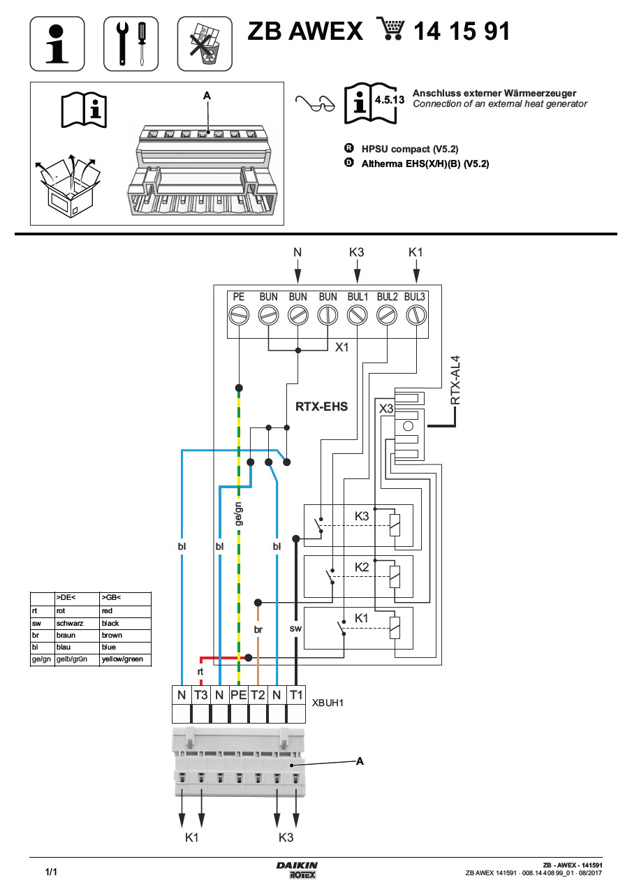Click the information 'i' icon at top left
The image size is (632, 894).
coord(57,43)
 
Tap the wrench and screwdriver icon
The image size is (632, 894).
coord(131,43)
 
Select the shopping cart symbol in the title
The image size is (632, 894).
coord(390,30)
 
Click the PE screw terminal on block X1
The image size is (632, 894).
coord(239,314)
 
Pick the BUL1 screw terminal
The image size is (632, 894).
coord(357,314)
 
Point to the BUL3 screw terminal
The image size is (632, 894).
coord(416,314)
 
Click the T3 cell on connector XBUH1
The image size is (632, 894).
coord(201,695)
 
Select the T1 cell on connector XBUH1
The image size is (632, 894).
coord(296,695)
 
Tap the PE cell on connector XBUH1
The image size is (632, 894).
coord(239,695)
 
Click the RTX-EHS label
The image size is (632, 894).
coord(322,406)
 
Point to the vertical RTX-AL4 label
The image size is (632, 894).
coord(455,380)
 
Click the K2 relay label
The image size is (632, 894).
coord(361,567)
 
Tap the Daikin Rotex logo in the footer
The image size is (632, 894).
coord(296,870)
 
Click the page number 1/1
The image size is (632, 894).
coord(51,872)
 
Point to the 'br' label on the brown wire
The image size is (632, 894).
coord(258,629)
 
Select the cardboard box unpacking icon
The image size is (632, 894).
coord(68,182)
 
